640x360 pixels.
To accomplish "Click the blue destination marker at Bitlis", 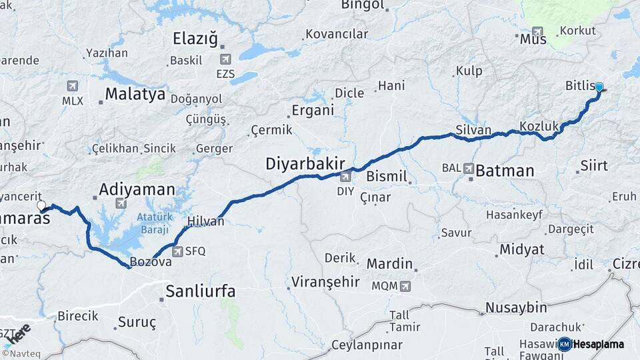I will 599,87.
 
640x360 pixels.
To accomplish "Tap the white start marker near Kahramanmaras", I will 41,206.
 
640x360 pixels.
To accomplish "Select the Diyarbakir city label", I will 305,163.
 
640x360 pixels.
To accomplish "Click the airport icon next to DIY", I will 345,177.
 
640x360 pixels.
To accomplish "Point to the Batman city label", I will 505,171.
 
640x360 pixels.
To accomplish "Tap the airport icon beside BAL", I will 469,169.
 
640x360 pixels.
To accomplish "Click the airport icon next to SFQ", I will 177,251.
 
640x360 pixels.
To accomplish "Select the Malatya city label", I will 135,94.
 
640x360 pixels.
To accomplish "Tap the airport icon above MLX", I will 73,86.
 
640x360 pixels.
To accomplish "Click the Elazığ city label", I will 195,39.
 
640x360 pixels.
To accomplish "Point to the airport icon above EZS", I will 225,59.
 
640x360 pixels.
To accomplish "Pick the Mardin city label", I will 389,263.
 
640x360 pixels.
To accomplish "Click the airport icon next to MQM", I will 405,286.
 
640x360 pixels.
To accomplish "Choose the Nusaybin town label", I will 516,307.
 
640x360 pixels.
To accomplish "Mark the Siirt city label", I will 594,165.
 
